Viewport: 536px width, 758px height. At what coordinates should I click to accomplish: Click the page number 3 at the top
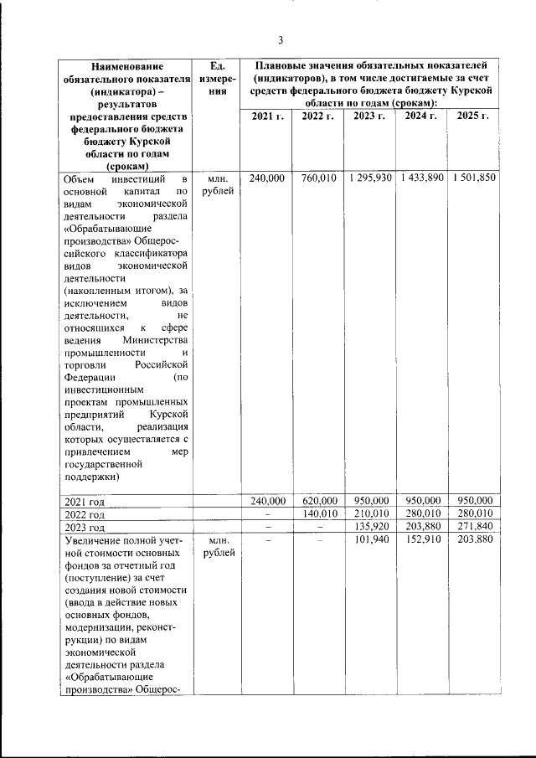point(281,39)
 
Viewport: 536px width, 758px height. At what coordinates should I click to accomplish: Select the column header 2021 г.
point(267,116)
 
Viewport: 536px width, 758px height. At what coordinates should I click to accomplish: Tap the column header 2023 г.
point(369,116)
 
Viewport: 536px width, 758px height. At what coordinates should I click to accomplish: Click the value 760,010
point(318,178)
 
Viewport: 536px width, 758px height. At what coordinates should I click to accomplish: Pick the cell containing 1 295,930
point(369,178)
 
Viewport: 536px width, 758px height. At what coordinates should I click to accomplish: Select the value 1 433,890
point(421,178)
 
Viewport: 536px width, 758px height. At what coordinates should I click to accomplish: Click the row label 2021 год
point(84,502)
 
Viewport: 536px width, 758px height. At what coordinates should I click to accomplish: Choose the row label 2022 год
point(84,514)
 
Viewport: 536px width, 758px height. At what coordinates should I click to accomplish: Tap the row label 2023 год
point(84,528)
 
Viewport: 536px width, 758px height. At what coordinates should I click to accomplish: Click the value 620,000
point(318,501)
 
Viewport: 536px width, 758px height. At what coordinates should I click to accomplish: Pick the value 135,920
point(369,527)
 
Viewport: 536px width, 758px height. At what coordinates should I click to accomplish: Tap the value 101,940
point(369,540)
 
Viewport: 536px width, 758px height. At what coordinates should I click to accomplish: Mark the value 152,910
point(421,540)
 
